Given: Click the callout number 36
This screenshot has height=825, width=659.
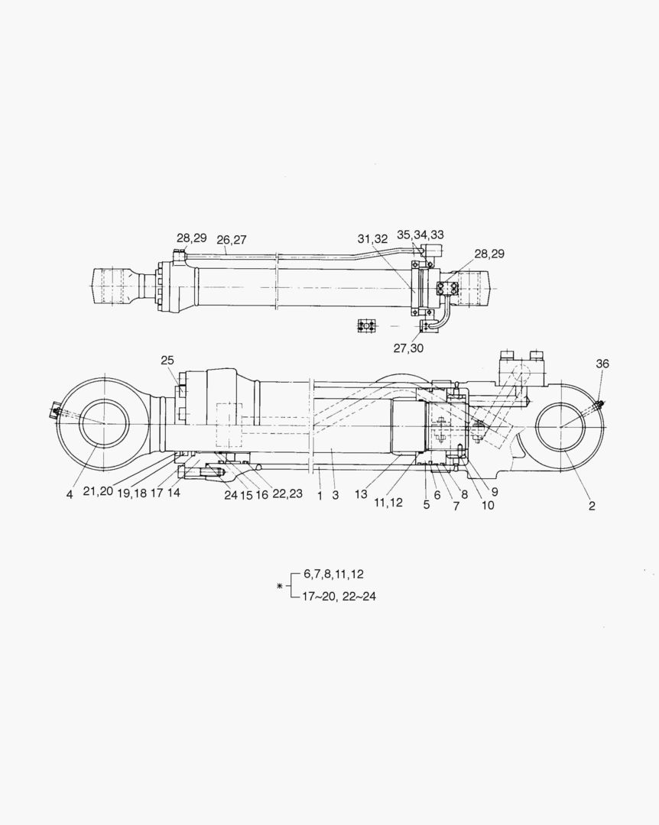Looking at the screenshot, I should point(602,364).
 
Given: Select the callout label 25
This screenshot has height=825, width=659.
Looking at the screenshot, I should point(168,360).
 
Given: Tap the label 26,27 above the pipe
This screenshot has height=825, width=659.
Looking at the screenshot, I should point(231,240).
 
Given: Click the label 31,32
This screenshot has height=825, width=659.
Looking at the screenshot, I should point(373,239).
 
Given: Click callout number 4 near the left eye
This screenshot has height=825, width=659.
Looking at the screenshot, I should point(69,494).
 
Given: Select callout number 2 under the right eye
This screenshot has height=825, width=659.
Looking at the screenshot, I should point(591,505).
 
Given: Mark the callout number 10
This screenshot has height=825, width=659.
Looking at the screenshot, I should point(488,505).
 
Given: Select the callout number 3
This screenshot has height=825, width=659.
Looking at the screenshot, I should point(335,495).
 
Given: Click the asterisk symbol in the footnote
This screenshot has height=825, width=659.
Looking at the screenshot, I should point(279,586).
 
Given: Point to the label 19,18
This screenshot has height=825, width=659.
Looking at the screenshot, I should point(133,494).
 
